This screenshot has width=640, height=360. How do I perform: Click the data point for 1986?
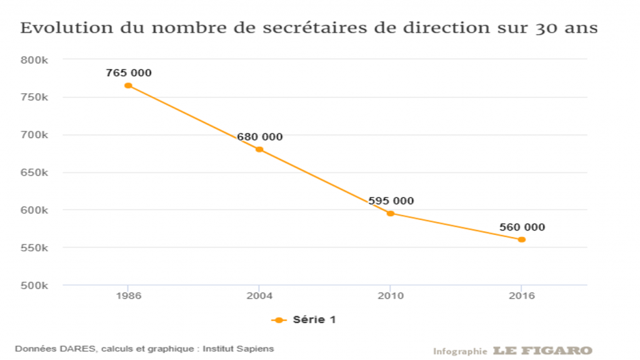(x=128, y=86)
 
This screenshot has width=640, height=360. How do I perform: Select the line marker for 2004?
(x=259, y=149)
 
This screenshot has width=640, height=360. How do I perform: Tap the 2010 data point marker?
(x=391, y=213)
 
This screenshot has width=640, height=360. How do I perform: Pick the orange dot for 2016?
(x=522, y=239)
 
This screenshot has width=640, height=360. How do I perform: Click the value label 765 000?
(x=129, y=73)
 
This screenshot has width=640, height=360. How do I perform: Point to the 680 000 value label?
(x=259, y=137)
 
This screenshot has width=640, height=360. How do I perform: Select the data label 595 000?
(x=391, y=201)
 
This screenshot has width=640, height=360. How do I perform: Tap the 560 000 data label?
(x=522, y=227)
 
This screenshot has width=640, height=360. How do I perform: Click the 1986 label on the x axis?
(x=128, y=296)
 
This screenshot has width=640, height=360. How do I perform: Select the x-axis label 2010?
(x=391, y=296)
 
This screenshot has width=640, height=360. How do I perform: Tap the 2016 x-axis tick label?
(x=522, y=296)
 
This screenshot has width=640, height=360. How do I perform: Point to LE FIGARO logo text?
(x=542, y=351)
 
